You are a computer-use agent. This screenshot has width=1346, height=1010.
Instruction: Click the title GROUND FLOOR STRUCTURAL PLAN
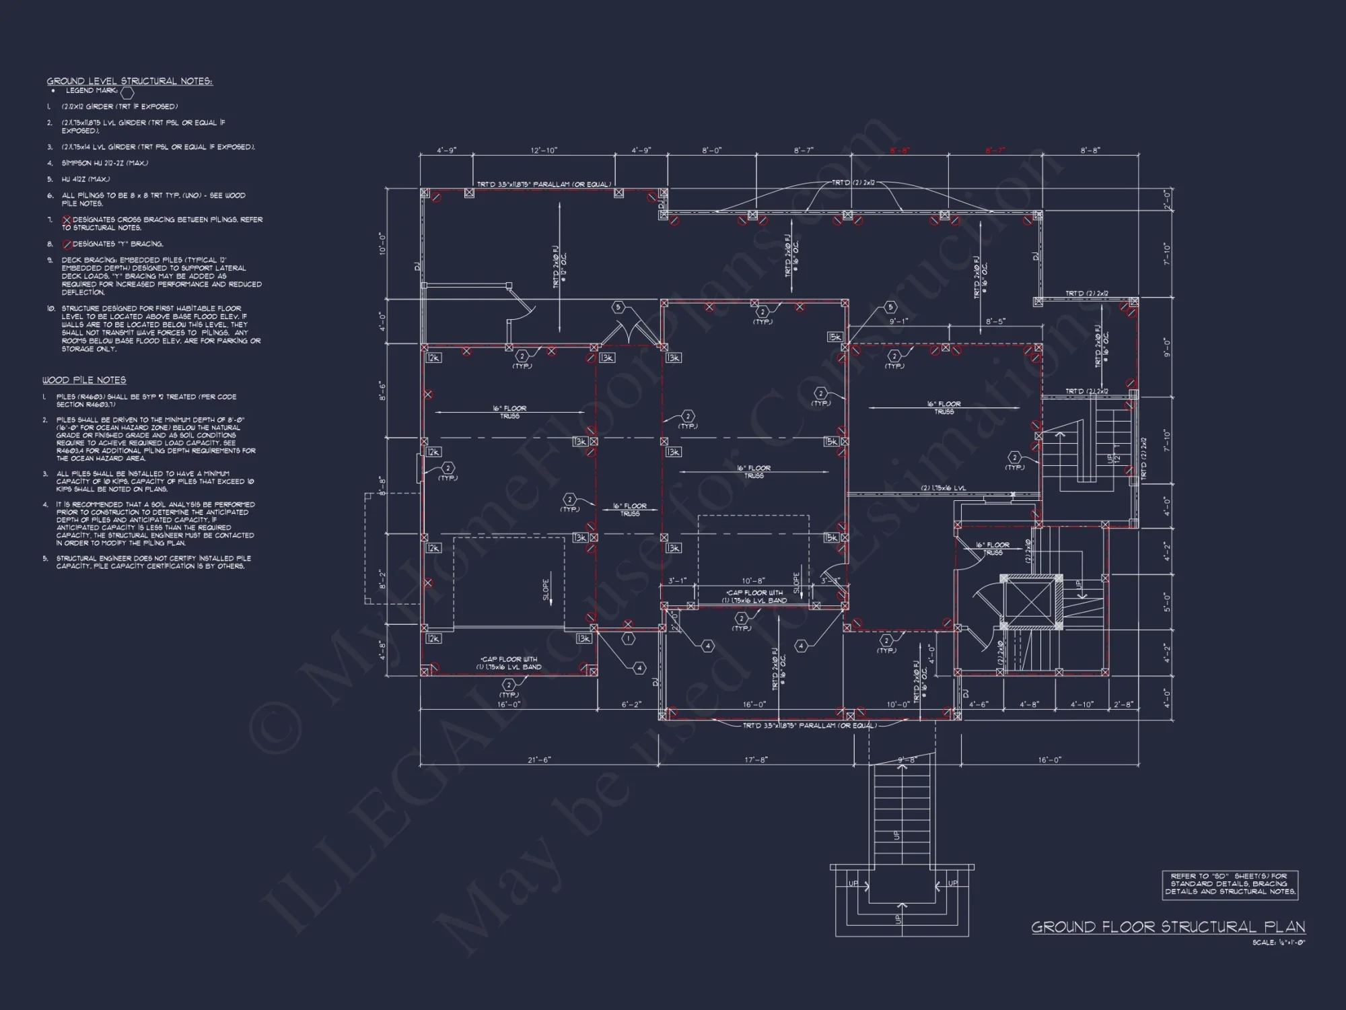1168,927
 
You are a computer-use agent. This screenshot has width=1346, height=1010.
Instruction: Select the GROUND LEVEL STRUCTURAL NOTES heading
129,81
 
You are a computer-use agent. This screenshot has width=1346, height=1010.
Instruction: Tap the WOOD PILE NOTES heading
84,380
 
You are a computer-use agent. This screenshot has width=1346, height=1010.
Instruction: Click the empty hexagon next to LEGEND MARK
127,93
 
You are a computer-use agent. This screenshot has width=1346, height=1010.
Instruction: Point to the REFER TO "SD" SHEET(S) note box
1230,884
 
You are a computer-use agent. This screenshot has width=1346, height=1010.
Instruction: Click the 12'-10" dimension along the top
544,151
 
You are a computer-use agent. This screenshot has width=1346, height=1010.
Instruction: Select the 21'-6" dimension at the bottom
538,760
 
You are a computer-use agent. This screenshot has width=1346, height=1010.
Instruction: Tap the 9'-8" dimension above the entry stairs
907,760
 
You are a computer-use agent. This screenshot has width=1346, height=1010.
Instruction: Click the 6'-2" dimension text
631,704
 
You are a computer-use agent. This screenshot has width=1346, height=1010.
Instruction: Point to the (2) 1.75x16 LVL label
943,489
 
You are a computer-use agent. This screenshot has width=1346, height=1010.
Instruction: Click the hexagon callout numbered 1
628,638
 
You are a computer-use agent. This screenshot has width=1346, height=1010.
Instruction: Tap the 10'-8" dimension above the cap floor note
752,580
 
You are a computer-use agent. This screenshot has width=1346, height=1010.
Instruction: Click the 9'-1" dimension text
898,322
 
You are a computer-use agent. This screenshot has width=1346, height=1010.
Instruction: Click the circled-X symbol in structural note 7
67,220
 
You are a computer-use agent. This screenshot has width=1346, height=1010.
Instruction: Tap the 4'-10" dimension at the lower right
1082,704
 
